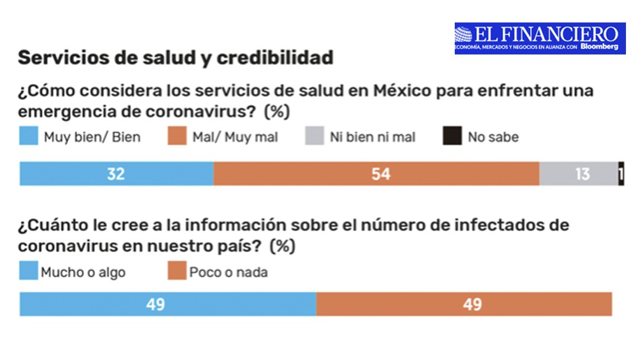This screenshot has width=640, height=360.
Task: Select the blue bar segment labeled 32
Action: tap(116, 174)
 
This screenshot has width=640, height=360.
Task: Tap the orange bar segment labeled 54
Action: tap(376, 174)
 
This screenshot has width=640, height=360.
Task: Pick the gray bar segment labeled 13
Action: tap(578, 174)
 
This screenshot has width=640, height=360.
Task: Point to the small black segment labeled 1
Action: tap(621, 174)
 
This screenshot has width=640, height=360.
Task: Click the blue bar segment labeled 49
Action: tap(167, 304)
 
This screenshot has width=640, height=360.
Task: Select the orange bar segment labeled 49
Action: tap(464, 304)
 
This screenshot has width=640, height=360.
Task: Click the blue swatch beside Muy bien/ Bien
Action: tap(28, 136)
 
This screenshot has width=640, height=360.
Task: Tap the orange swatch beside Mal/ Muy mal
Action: tap(177, 136)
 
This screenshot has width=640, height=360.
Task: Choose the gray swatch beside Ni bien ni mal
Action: tap(314, 136)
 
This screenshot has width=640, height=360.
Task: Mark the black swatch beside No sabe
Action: tap(452, 136)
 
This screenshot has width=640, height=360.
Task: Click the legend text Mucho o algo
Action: tap(83, 273)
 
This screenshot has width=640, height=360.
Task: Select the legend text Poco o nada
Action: tap(228, 273)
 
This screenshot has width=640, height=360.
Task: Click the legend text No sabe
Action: tap(493, 137)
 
